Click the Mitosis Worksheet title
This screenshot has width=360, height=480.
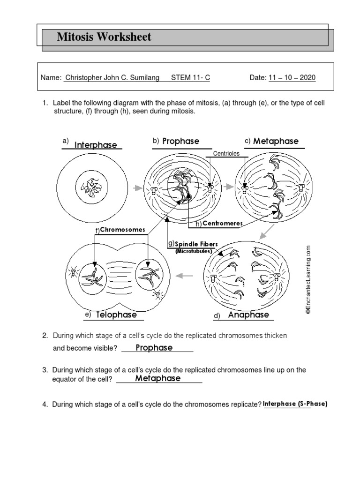click(104, 37)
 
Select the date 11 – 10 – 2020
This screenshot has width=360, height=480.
click(292, 78)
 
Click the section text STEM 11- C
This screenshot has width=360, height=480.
click(190, 78)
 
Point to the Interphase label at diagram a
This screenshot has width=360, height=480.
click(96, 145)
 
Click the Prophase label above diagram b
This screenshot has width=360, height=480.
click(180, 141)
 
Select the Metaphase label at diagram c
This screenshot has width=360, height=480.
click(276, 141)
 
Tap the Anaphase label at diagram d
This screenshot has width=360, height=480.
click(248, 315)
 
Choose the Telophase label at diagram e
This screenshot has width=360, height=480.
click(116, 315)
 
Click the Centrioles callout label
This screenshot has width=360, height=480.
click(226, 153)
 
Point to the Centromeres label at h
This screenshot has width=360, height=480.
click(223, 224)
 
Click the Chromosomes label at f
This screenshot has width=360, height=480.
click(123, 230)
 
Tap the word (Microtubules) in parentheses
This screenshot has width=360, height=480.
click(194, 251)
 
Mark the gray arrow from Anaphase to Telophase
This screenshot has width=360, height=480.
click(186, 276)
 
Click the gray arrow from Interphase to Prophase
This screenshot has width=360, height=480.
click(136, 188)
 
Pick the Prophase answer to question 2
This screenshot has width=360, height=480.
click(154, 348)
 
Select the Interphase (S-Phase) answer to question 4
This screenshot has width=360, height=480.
click(295, 404)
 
